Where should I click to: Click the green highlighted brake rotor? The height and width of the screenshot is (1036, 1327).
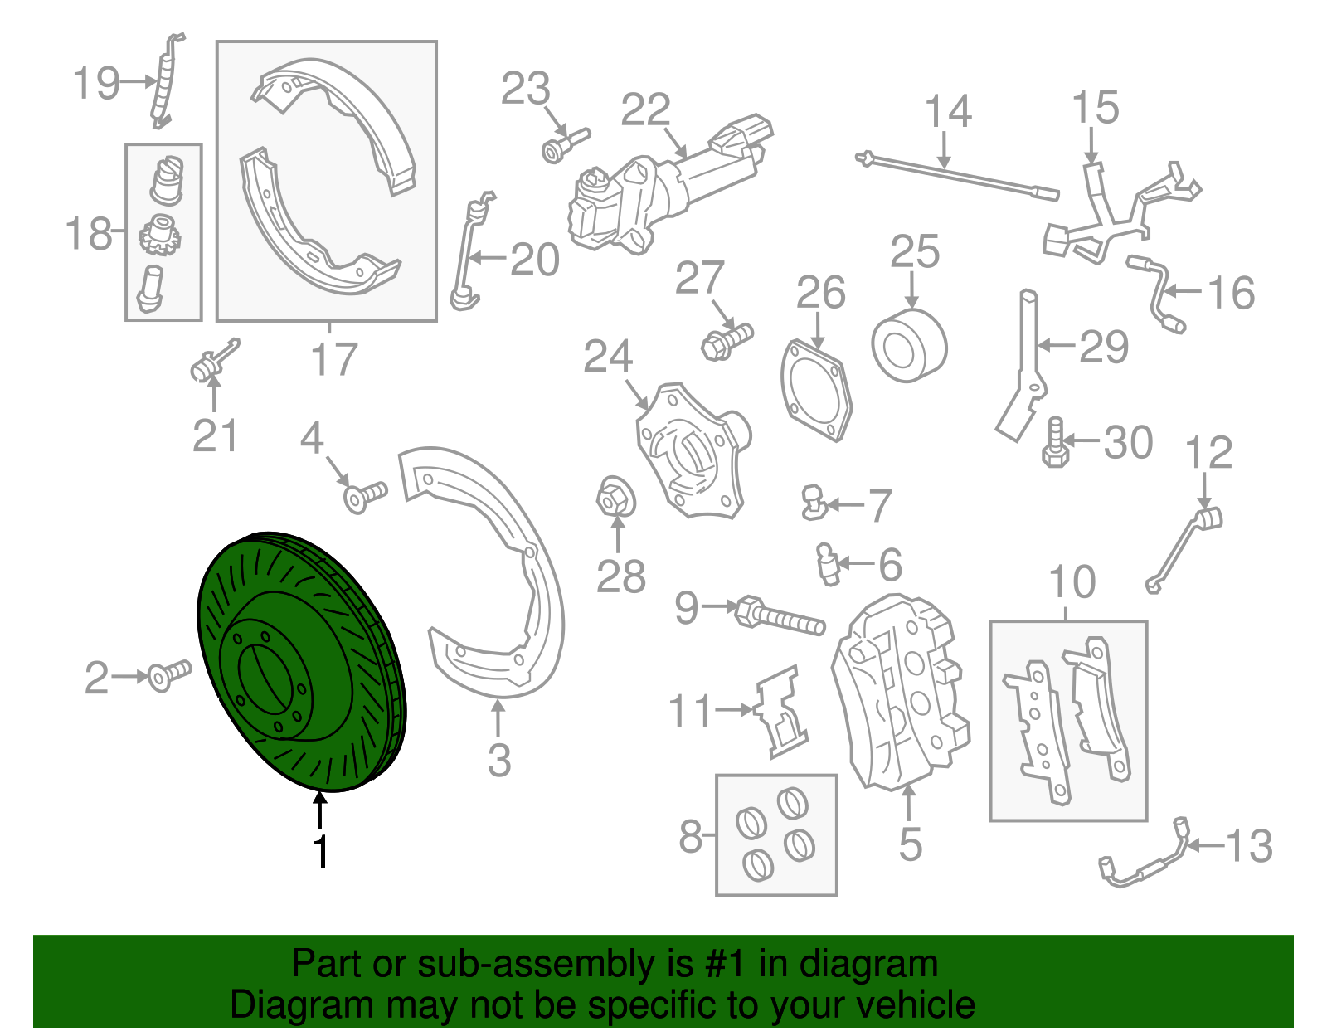click(301, 663)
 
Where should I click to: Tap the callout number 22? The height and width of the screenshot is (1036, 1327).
click(645, 110)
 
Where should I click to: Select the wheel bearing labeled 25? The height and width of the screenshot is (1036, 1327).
click(909, 346)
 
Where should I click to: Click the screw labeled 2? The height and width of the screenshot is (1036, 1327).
click(168, 675)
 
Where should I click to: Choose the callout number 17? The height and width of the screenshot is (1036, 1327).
click(334, 360)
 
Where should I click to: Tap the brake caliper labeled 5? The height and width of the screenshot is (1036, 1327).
click(899, 693)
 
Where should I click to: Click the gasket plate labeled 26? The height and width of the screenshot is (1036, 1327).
click(816, 391)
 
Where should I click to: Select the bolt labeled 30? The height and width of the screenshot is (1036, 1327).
click(1055, 443)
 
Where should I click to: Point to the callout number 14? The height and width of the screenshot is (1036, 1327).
click(948, 112)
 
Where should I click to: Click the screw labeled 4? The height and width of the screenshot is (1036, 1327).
click(365, 496)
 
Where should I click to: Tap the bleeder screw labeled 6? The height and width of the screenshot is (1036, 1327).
click(828, 564)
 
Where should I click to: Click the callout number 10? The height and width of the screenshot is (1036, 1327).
click(1072, 581)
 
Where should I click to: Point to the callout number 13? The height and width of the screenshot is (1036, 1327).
click(1249, 846)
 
